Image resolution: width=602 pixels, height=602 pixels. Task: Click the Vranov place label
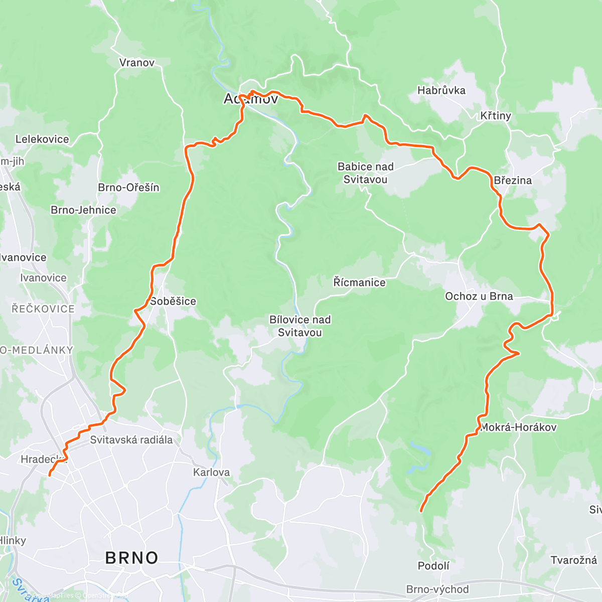[x=137, y=63]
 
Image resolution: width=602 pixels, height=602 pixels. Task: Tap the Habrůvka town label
[x=441, y=90]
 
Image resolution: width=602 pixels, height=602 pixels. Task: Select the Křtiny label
[x=496, y=116]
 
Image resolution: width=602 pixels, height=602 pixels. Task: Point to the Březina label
[x=513, y=180]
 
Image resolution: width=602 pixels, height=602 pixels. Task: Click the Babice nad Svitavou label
[x=365, y=173]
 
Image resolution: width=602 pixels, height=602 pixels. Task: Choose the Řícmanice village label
[x=359, y=282]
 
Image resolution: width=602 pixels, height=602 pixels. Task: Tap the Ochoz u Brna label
[x=479, y=296]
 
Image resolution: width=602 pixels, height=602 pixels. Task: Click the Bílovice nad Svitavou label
[x=300, y=326]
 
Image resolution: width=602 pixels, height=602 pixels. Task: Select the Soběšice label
[x=173, y=301]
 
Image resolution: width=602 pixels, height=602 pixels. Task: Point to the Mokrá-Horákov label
[x=518, y=427]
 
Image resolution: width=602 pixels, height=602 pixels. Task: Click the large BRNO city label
[x=131, y=558]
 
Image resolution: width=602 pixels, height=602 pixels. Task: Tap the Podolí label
[x=433, y=566]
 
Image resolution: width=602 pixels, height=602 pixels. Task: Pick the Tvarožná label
[x=573, y=560]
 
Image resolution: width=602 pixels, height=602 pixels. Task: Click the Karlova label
[x=211, y=472]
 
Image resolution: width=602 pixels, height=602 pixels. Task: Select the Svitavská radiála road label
[x=131, y=440]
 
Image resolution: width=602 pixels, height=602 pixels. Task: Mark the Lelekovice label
[x=42, y=139]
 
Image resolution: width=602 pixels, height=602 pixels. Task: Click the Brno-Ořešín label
[x=128, y=187]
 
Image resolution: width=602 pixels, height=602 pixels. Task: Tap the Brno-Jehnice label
[x=83, y=210]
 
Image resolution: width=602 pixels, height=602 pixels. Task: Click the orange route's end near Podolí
[x=421, y=511]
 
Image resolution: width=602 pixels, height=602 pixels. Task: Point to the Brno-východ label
[x=437, y=589]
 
